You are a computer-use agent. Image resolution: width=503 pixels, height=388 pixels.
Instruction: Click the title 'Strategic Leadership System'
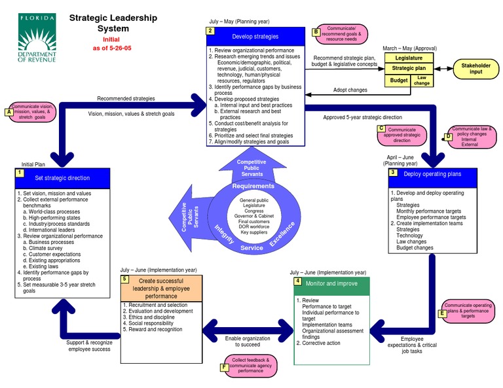coord(113,24)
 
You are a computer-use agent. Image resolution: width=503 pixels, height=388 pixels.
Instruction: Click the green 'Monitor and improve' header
coord(331,284)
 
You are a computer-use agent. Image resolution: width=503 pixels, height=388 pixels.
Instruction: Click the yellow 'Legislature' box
coord(409,58)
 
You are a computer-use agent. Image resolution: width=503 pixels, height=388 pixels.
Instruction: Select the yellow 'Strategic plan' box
coord(409,69)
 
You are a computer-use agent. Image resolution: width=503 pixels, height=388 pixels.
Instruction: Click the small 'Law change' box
coord(422,80)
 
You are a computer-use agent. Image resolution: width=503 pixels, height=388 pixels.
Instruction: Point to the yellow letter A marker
coord(9,112)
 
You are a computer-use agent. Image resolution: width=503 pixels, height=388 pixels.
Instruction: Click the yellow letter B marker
coord(316,31)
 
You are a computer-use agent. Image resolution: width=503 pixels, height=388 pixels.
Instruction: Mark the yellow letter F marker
coord(225,367)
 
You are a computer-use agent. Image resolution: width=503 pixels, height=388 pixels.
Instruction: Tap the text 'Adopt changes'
coord(350,90)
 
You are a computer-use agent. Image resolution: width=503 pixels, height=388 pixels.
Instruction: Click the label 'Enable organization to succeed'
coord(247,341)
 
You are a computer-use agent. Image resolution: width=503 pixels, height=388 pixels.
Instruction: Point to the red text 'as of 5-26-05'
coord(113,48)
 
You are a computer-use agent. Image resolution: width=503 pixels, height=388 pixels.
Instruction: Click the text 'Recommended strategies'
coord(126,99)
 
